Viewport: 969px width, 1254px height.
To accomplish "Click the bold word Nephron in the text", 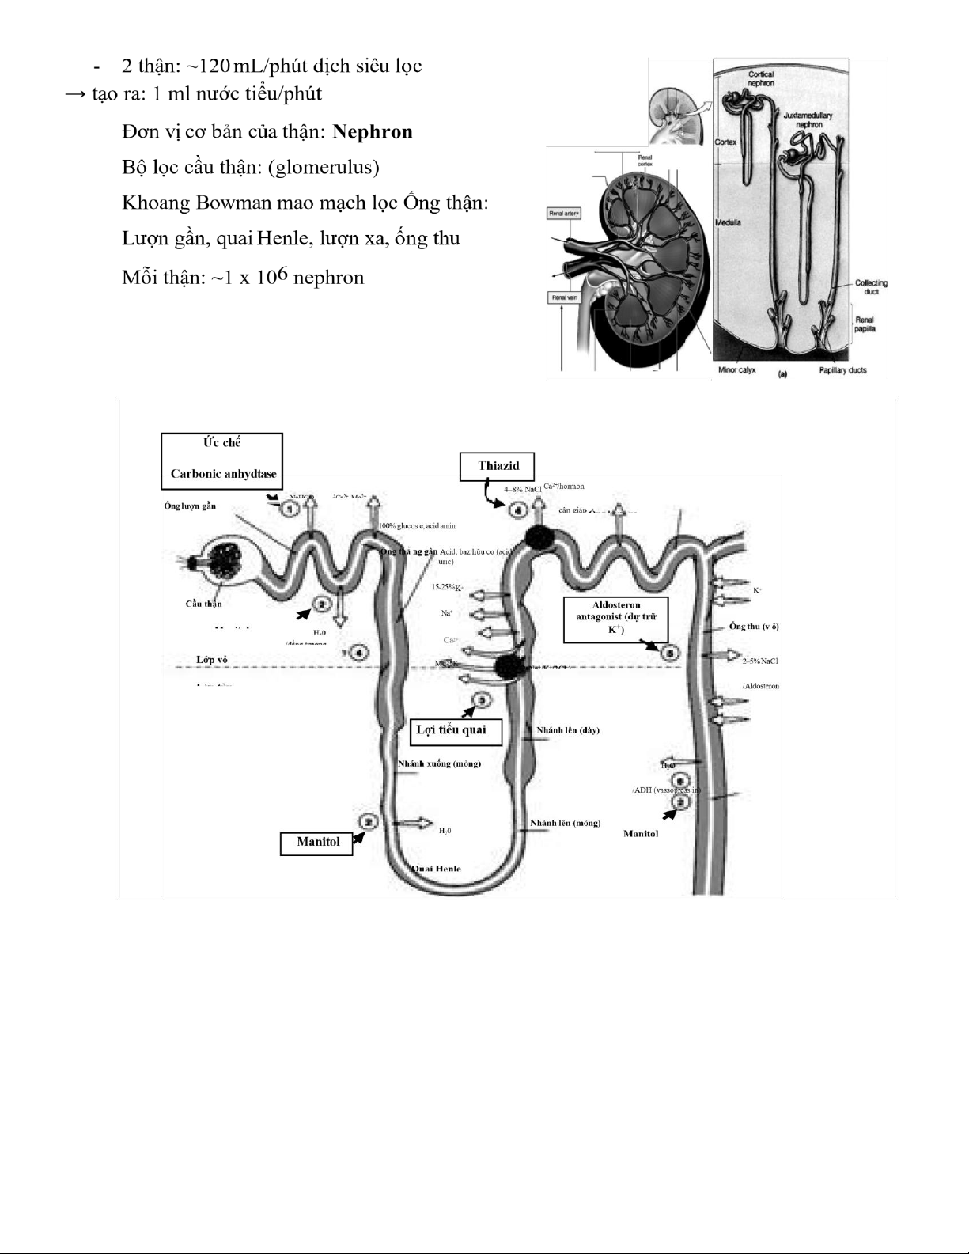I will (373, 132).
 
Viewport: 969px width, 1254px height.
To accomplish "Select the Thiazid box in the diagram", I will (498, 466).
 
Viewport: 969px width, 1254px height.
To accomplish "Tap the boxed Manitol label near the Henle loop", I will (318, 843).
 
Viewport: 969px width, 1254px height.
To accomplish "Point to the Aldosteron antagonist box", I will (616, 619).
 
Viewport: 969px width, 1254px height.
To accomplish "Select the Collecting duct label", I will (870, 286).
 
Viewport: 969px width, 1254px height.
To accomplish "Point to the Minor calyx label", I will (736, 370).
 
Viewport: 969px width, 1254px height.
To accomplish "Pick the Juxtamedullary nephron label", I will (807, 119).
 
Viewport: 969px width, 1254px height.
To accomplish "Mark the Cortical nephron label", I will (761, 78).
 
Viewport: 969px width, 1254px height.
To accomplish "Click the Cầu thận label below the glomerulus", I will (204, 604).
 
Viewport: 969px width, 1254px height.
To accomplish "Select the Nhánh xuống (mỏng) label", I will (439, 763).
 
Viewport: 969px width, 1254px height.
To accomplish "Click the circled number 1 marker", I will (291, 508).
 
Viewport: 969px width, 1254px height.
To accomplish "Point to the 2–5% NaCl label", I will (760, 661).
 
